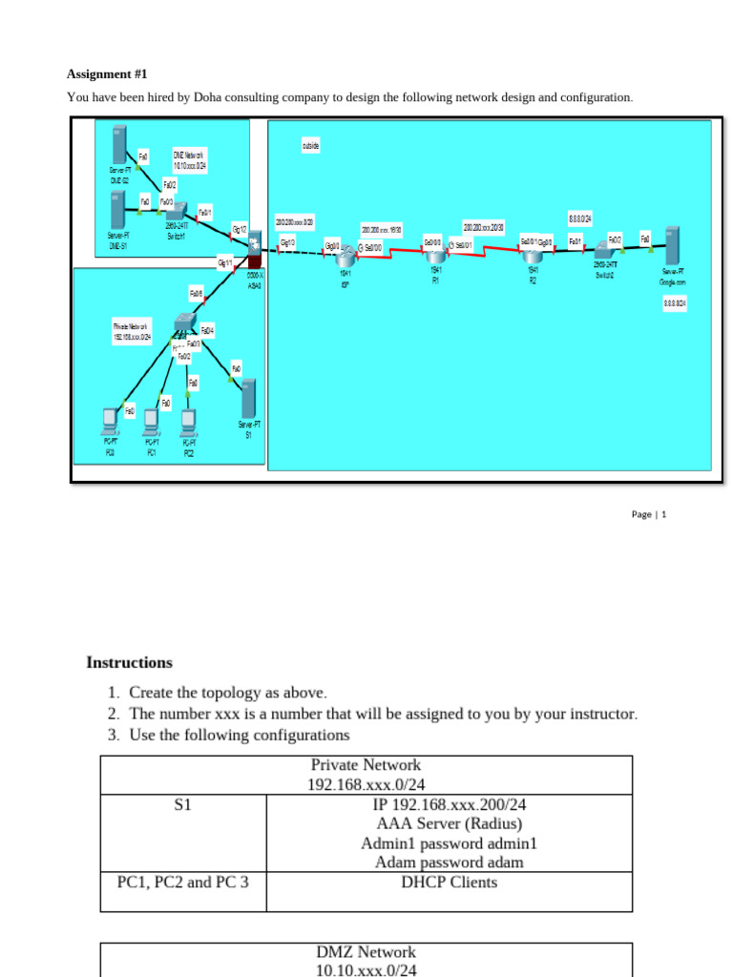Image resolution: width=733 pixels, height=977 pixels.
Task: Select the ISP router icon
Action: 346,256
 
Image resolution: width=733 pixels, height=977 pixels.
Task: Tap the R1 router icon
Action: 435,254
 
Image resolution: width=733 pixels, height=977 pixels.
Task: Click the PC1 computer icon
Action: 151,420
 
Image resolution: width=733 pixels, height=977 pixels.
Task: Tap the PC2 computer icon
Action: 189,420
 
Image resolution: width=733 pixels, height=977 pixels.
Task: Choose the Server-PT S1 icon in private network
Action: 248,397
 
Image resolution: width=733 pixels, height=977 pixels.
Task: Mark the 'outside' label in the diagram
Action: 310,146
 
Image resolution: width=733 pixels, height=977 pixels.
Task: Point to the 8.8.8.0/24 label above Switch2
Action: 580,218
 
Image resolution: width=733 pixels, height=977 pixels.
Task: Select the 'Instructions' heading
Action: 129,662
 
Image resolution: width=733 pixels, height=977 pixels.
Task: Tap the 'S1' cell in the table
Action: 183,805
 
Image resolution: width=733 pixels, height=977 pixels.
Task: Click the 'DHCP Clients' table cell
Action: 450,882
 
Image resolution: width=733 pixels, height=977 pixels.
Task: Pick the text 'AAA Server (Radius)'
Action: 450,823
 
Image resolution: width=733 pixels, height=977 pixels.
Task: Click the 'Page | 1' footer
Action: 648,514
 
